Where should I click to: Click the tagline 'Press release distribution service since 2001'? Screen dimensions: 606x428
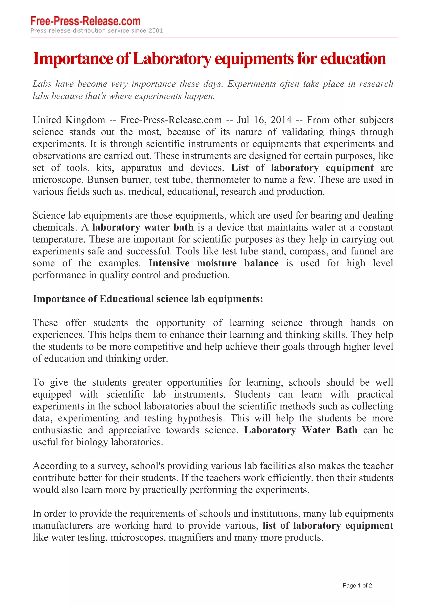(x=97, y=31)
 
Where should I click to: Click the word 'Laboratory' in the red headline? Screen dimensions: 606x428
(x=172, y=59)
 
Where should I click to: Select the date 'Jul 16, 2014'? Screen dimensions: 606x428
(x=264, y=120)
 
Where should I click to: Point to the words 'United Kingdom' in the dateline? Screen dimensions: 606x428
(x=69, y=120)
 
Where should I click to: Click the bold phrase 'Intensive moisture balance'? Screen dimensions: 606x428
(x=213, y=263)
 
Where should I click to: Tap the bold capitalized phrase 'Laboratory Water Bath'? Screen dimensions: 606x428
(x=301, y=430)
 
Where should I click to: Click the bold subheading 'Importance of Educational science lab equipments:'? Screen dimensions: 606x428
(x=148, y=299)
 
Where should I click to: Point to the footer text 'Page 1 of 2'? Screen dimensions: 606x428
(x=357, y=585)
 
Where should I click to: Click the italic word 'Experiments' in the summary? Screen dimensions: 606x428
(x=252, y=84)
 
